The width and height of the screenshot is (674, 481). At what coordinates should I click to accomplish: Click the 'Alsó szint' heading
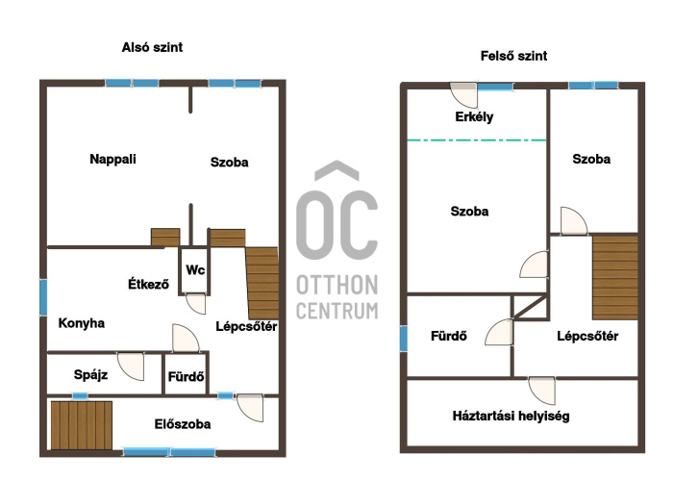tap(152, 47)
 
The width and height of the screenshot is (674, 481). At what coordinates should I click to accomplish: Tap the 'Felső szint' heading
tap(513, 56)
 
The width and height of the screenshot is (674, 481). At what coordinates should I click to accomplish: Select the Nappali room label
tap(112, 159)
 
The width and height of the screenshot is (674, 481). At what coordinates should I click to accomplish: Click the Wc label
tap(195, 270)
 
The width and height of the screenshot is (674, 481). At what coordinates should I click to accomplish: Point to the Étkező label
tap(148, 284)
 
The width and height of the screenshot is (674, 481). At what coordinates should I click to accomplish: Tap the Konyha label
tap(81, 323)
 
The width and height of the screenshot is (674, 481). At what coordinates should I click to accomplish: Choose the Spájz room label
tap(90, 375)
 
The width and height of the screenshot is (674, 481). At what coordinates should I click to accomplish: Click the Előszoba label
tap(183, 424)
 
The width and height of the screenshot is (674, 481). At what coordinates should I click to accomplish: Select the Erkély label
tap(474, 117)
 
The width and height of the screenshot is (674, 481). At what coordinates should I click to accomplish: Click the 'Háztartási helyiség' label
tap(512, 416)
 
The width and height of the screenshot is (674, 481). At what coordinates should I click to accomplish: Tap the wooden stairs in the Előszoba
tap(82, 425)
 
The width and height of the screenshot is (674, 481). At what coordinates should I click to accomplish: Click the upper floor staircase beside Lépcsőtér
tap(615, 277)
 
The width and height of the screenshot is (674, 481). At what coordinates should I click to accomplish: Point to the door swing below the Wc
tap(196, 304)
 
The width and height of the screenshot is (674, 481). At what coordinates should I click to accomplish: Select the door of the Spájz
tap(131, 367)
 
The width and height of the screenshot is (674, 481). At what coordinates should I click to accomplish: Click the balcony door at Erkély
tap(463, 95)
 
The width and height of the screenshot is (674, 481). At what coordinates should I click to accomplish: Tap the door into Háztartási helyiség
tap(541, 392)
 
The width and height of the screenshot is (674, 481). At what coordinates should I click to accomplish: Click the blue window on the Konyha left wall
tap(43, 297)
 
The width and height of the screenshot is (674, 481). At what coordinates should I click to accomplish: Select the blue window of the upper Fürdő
tap(403, 339)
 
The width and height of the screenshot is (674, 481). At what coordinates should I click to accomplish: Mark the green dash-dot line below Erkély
tap(476, 140)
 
